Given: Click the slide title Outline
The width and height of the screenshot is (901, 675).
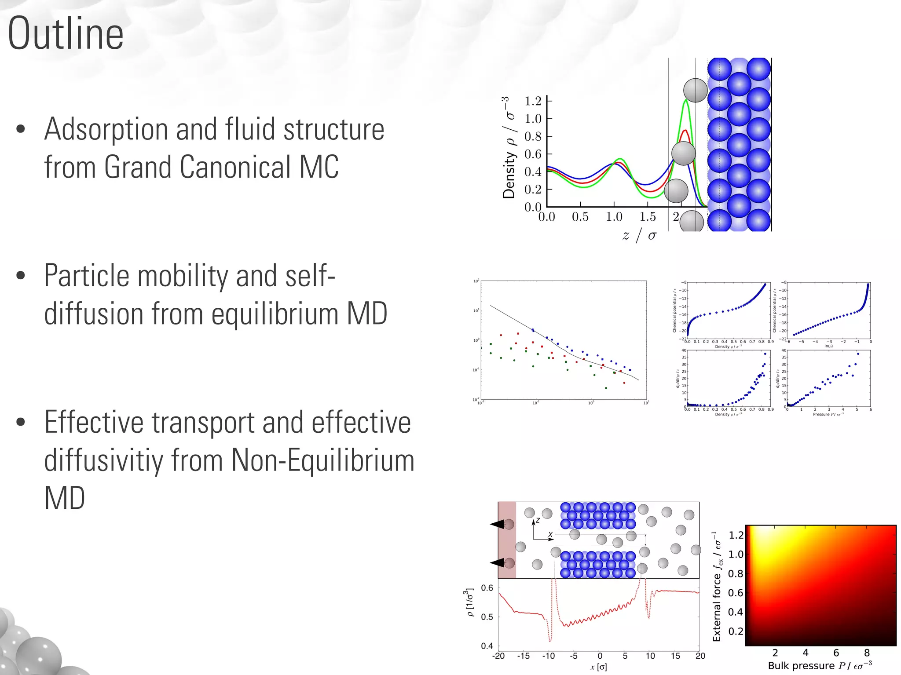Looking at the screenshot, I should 66,34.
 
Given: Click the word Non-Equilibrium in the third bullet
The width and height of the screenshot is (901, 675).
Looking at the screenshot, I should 322,460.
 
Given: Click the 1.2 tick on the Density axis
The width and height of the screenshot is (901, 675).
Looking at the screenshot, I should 533,101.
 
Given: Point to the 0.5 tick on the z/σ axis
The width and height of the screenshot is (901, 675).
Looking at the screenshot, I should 580,217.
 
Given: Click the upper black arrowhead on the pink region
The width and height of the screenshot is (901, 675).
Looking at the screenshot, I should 498,524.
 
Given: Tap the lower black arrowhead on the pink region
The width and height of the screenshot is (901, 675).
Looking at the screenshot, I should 498,563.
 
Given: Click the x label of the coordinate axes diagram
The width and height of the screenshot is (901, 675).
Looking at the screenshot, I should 550,534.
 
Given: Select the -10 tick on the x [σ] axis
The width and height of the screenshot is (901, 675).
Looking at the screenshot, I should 548,656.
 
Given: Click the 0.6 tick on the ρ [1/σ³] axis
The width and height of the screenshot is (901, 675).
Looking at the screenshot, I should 487,588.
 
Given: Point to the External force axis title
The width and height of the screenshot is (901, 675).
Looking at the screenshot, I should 717,587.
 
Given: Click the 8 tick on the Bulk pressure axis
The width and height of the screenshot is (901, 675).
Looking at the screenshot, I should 867,653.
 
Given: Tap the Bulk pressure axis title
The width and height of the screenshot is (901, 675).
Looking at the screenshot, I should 820,666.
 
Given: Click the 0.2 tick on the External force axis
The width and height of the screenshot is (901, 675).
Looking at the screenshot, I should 736,631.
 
